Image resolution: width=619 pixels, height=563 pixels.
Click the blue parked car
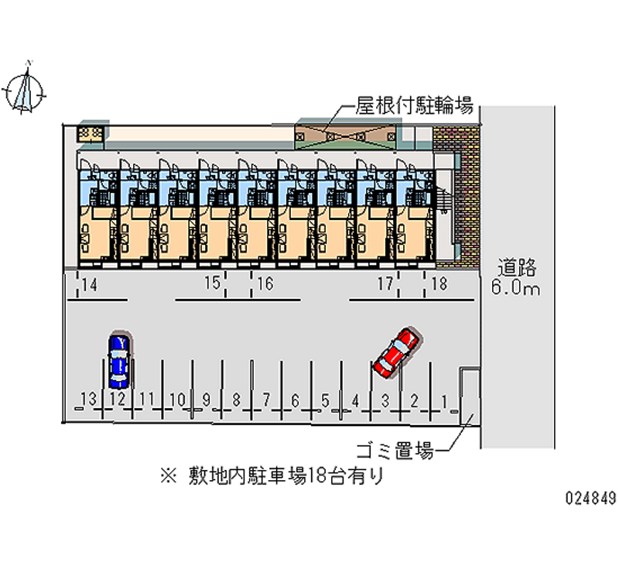[118, 361]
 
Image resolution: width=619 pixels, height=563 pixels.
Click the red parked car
[395, 352]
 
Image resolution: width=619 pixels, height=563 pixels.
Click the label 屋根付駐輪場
[414, 105]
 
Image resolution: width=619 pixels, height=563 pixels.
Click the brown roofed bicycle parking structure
[345, 135]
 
